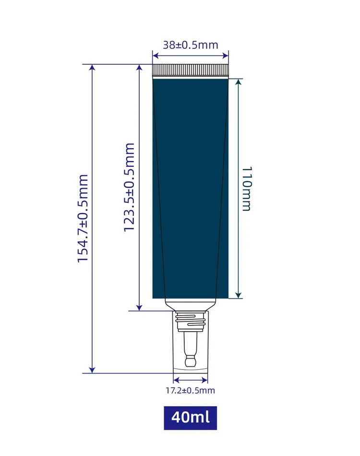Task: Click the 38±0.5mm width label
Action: pos(191,45)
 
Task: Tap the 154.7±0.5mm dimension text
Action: pos(83,218)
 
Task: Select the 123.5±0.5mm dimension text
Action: pos(129,187)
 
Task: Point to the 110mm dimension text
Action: pos(247,189)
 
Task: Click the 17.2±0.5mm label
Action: pos(191,390)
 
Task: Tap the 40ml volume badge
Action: pos(191,418)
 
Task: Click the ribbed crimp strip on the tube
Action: pos(191,70)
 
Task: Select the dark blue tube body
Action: pos(191,188)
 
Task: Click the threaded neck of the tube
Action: pos(191,321)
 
